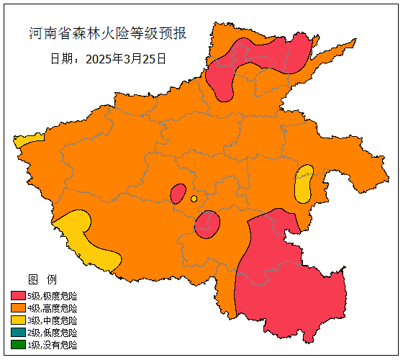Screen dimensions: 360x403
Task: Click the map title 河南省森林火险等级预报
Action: click(108, 34)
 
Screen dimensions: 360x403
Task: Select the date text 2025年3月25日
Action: click(108, 58)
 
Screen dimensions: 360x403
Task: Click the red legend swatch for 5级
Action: click(18, 296)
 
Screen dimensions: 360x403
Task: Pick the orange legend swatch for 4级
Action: click(18, 308)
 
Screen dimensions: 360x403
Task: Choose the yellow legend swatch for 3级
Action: click(18, 320)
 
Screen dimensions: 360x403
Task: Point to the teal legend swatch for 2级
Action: click(18, 333)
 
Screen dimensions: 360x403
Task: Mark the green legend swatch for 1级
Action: click(18, 345)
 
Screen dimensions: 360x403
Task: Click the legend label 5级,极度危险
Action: click(53, 296)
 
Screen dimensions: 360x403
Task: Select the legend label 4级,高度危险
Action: click(53, 308)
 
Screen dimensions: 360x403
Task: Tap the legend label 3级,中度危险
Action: click(53, 320)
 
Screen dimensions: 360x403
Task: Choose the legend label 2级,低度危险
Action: click(53, 333)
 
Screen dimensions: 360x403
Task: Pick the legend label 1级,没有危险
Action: click(53, 345)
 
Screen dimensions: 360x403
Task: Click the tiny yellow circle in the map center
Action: click(194, 199)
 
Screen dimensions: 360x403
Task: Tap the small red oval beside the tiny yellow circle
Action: click(178, 194)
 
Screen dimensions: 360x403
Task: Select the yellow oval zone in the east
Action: click(304, 184)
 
